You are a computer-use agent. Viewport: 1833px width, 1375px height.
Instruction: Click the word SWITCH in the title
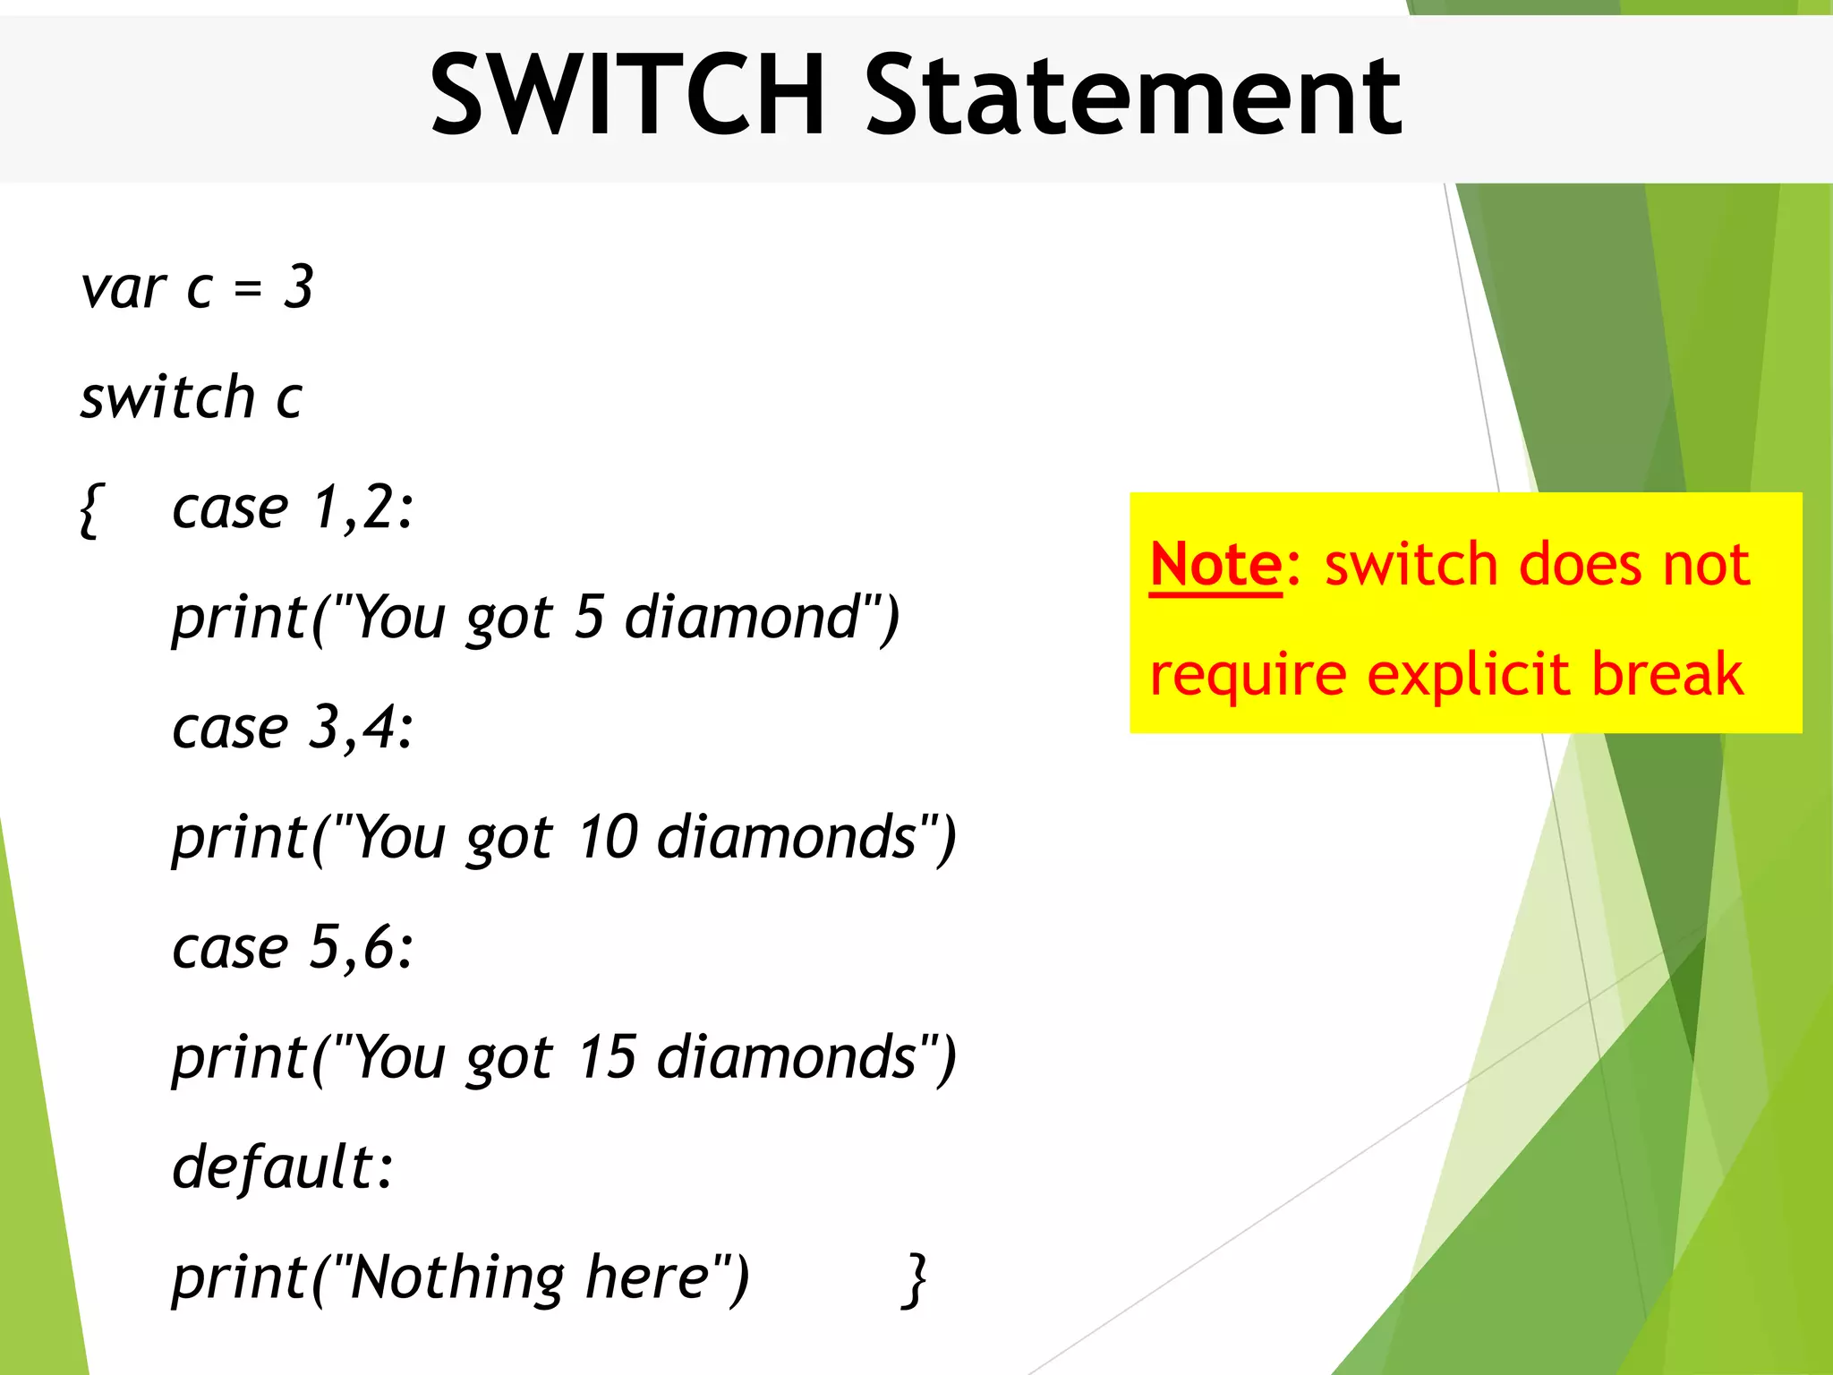(x=627, y=94)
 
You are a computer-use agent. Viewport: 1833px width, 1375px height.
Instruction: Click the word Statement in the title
(x=1133, y=94)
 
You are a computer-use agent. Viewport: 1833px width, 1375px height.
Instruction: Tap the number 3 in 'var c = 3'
(x=299, y=287)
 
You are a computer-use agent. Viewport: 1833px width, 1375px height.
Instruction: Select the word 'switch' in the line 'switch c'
(x=167, y=397)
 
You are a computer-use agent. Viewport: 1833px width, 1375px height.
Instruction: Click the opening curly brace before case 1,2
(x=90, y=509)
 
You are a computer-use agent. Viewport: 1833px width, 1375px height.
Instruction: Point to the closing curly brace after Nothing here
(x=914, y=1279)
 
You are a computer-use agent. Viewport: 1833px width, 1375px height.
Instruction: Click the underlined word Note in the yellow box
(x=1215, y=564)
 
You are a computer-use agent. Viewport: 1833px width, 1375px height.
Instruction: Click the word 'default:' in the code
(x=283, y=1167)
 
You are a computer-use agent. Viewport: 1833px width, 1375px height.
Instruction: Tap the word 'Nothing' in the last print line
(x=457, y=1277)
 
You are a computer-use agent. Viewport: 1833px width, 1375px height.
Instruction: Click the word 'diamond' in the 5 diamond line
(x=742, y=618)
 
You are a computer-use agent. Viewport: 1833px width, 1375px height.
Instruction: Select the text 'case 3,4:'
(x=293, y=727)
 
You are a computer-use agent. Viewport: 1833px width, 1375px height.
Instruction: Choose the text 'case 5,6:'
(x=293, y=947)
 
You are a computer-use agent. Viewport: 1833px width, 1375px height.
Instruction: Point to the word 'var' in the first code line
(x=123, y=289)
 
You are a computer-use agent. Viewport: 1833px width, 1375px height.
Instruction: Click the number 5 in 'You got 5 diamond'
(x=590, y=617)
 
